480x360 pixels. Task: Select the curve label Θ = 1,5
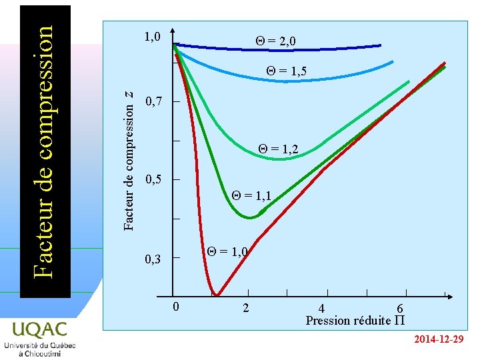[286, 71]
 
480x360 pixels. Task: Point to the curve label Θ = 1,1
[251, 196]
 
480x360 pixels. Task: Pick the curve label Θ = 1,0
[227, 251]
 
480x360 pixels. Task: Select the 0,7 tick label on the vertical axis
[153, 102]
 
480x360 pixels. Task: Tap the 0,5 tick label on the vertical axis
[153, 180]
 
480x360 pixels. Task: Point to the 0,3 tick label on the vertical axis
[153, 259]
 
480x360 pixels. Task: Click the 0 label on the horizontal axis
[175, 307]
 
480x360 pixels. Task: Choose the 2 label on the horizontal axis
[247, 308]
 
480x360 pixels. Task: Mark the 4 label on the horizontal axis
[322, 309]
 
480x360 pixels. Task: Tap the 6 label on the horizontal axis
[400, 309]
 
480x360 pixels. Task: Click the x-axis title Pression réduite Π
[355, 321]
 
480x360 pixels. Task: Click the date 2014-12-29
[438, 340]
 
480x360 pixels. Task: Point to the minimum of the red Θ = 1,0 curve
[215, 294]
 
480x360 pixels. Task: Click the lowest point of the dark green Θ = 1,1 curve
[250, 217]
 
